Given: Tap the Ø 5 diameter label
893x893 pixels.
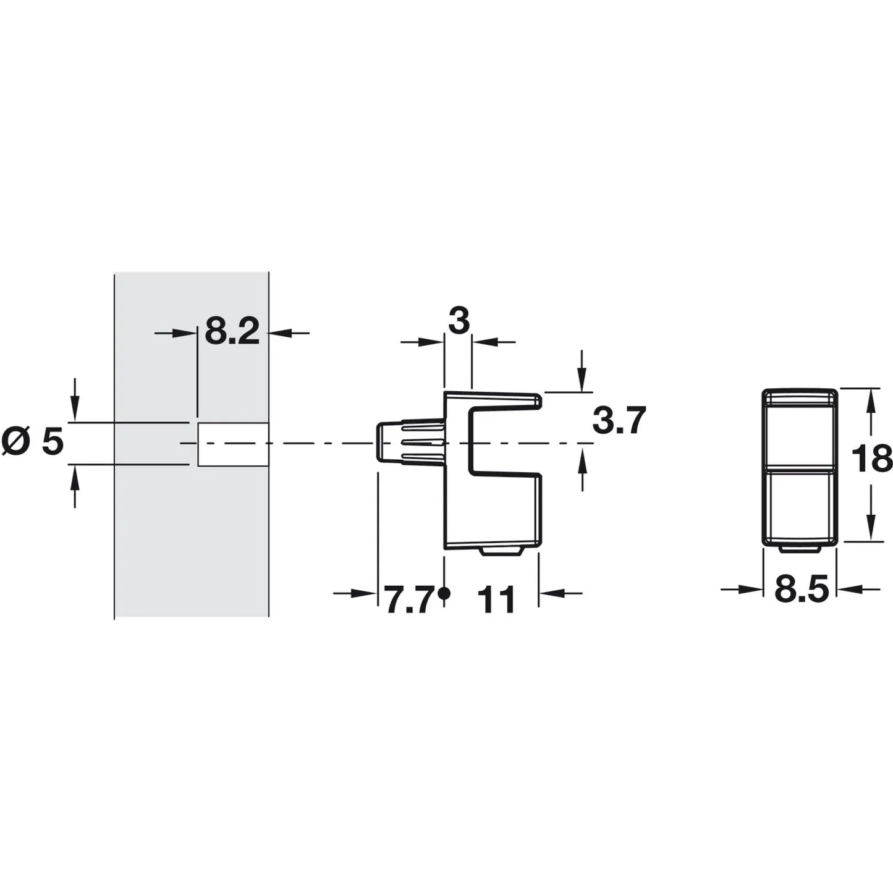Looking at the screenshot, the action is click(x=32, y=443).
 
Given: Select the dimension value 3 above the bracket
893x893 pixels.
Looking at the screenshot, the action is click(x=459, y=321).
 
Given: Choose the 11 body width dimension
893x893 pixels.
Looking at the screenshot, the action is click(x=496, y=599).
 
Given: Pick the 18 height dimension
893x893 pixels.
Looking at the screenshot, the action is click(x=872, y=457).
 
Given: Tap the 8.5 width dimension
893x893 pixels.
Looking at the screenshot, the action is click(x=801, y=590).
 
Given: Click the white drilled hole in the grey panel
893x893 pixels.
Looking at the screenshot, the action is click(x=233, y=444).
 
